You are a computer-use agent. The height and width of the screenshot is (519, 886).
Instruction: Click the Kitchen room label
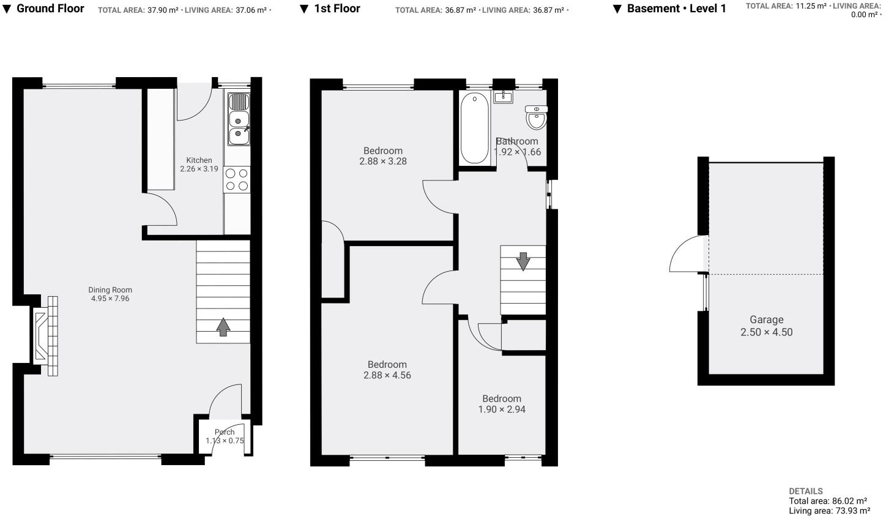tap(199, 160)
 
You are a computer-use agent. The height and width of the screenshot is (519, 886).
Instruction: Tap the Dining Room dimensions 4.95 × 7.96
tap(110, 299)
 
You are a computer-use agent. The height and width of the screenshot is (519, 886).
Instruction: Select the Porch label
tap(225, 432)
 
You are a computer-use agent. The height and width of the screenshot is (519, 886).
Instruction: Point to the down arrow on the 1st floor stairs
tap(523, 261)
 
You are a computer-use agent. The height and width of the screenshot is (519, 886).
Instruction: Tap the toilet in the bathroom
tap(537, 118)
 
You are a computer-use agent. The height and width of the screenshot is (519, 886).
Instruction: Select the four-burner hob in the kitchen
tap(237, 179)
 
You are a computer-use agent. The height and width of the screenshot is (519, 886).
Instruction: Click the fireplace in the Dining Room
tap(47, 336)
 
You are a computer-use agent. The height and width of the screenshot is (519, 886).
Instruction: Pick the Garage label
tap(766, 319)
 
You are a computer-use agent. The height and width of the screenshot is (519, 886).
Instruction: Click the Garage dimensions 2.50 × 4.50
tap(766, 332)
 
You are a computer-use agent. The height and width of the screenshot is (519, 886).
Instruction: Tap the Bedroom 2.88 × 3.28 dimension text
tap(383, 162)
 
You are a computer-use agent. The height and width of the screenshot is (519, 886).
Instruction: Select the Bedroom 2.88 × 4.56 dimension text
tap(387, 375)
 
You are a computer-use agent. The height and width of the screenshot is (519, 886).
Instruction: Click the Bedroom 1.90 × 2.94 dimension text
tap(502, 409)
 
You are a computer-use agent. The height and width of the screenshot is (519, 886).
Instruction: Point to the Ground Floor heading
tap(50, 9)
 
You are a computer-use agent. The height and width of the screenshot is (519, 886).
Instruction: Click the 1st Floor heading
tap(337, 9)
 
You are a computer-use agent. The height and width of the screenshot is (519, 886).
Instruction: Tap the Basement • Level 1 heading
tap(676, 9)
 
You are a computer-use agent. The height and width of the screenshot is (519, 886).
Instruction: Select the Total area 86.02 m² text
tap(828, 501)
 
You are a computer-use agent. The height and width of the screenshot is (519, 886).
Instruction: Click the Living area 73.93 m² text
tap(829, 510)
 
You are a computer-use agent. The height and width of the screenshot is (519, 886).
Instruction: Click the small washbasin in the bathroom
tap(503, 96)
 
